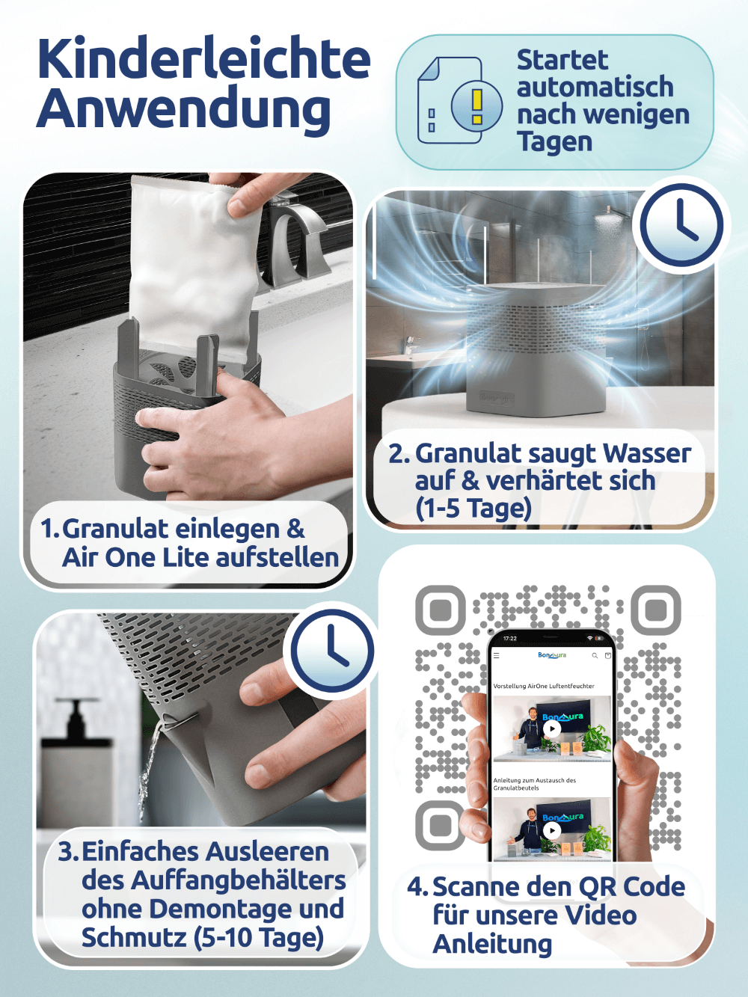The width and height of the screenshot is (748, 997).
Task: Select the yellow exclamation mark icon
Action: [x=477, y=106]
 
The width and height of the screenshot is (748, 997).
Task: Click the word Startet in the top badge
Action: [x=562, y=60]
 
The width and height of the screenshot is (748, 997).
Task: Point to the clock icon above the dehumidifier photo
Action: [x=680, y=224]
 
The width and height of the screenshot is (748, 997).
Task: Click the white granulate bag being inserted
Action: [x=193, y=268]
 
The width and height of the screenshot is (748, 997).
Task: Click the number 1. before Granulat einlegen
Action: [x=50, y=529]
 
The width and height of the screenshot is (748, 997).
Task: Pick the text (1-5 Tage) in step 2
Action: [x=473, y=508]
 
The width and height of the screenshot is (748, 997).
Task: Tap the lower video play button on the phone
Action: [x=552, y=830]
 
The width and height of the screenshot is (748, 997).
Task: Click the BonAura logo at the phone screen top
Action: [x=552, y=655]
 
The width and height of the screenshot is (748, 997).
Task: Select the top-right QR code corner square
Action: [x=656, y=610]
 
